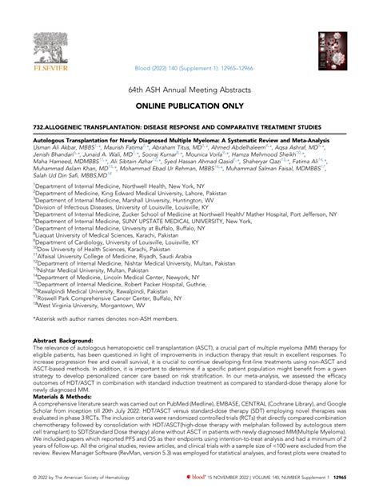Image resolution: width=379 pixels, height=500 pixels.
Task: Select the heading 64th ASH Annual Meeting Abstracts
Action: click(189, 92)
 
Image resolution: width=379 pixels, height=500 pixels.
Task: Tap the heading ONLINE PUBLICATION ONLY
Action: click(189, 106)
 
